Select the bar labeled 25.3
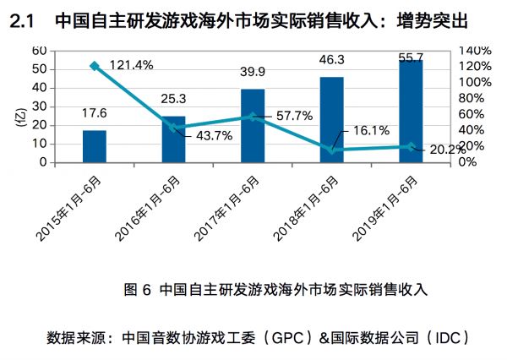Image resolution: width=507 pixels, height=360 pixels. tap(173, 139)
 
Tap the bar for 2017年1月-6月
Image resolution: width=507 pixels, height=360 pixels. tap(253, 125)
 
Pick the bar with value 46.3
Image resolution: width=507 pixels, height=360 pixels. tap(332, 119)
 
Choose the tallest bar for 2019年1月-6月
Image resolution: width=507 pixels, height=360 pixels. tap(411, 111)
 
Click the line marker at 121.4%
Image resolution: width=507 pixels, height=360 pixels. tap(94, 65)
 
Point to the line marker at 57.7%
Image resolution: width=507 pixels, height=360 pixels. tap(253, 117)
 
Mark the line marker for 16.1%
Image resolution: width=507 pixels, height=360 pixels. tap(332, 150)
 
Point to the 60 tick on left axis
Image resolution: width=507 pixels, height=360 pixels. tap(40, 51)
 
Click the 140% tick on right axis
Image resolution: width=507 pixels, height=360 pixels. tap(474, 51)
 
